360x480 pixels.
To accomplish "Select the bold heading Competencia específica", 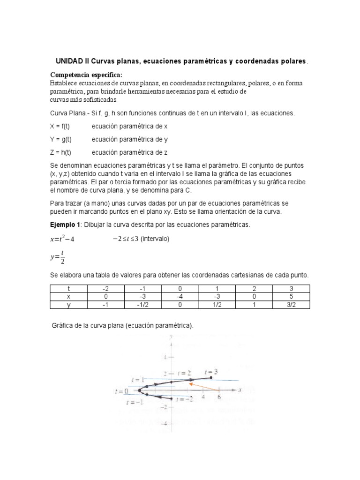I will pyautogui.click(x=86, y=75).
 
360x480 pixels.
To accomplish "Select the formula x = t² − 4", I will pyautogui.click(x=62, y=240).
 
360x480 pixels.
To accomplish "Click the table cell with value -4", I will pyautogui.click(x=180, y=297).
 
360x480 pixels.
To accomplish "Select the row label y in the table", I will pyautogui.click(x=68, y=305).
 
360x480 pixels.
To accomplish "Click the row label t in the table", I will pyautogui.click(x=68, y=289).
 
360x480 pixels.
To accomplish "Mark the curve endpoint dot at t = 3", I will pyautogui.click(x=211, y=377).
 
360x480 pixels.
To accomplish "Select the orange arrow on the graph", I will pyautogui.click(x=204, y=386).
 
